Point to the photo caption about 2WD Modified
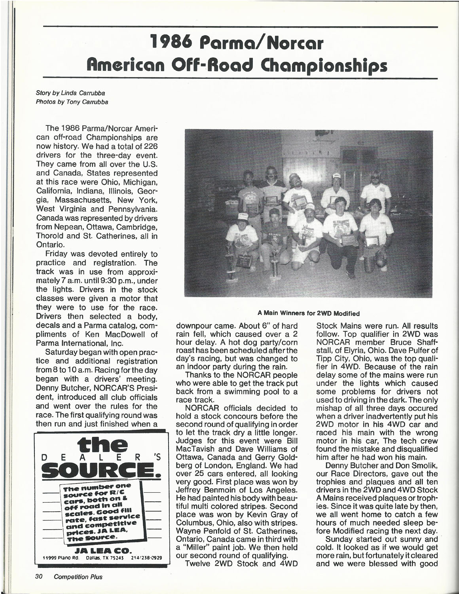tap(309, 313)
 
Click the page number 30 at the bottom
tap(39, 577)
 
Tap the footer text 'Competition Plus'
tap(78, 577)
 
